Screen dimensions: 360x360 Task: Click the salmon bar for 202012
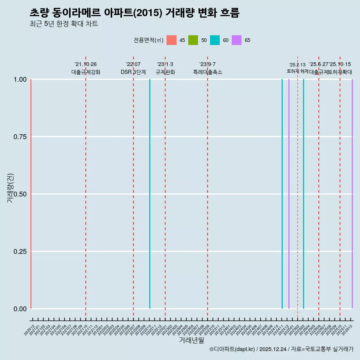point(31,194)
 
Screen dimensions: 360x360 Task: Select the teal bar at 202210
point(150,194)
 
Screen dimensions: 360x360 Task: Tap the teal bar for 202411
point(282,194)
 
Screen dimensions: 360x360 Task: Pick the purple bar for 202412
point(289,194)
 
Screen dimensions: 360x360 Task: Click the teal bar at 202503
point(303,194)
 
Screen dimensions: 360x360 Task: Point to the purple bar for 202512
point(352,194)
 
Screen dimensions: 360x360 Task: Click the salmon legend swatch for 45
point(171,40)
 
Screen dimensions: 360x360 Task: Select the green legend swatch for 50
point(193,40)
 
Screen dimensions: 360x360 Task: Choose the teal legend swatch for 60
point(215,40)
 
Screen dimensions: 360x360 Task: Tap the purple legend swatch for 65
point(237,40)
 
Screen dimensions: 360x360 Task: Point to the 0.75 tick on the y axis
point(19,137)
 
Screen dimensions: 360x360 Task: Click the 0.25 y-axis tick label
point(19,251)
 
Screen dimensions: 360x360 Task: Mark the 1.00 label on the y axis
point(19,79)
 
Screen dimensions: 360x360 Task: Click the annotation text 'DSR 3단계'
point(133,72)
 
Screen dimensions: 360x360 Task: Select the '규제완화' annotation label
point(165,72)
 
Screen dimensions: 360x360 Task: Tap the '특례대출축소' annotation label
point(208,72)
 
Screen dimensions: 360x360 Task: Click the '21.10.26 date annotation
point(85,64)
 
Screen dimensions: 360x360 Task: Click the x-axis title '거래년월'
point(192,340)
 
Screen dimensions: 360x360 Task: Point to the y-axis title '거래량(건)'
point(10,188)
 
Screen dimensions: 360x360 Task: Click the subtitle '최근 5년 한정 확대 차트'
point(64,24)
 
